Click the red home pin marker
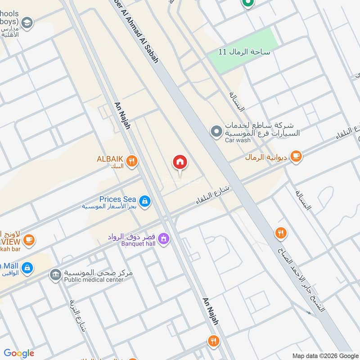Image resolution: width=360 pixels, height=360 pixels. pos(180,162)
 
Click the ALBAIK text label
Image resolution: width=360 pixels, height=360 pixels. pos(110,159)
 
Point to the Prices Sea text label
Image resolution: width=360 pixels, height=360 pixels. pos(117,199)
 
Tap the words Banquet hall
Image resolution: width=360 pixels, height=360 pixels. pos(139,243)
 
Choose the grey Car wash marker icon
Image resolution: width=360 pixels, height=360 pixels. pos(216,132)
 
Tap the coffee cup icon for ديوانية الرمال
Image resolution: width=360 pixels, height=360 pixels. pos(296,156)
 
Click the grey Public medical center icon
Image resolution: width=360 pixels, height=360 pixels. pos(56,274)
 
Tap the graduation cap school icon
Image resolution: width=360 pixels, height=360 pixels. pos(27,22)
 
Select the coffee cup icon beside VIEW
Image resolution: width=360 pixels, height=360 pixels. pos(29,240)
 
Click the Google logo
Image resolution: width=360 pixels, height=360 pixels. pos(19,353)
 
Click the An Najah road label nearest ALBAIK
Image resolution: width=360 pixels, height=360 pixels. pos(123,116)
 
